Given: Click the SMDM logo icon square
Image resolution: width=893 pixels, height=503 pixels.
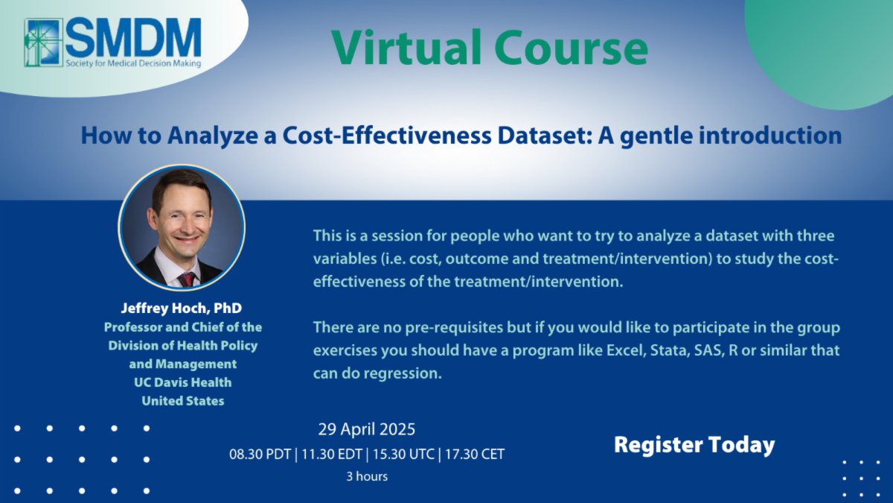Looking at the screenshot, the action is (x=43, y=42).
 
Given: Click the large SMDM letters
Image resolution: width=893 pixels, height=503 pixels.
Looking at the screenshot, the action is (x=133, y=37).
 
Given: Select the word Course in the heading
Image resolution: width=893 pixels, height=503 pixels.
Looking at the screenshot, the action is (x=572, y=48).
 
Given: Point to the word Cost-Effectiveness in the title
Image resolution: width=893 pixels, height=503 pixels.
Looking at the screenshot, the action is (x=387, y=136).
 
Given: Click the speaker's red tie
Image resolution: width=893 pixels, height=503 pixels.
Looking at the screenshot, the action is (x=187, y=279).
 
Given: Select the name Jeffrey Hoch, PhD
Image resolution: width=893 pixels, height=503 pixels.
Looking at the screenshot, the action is (x=182, y=309).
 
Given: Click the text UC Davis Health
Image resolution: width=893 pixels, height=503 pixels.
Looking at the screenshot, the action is (x=182, y=382).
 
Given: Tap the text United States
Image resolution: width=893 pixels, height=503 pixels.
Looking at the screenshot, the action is (x=183, y=401).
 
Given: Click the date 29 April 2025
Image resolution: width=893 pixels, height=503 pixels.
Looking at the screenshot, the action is (x=367, y=429).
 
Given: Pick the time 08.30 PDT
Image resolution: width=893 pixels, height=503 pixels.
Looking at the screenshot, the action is (x=260, y=455).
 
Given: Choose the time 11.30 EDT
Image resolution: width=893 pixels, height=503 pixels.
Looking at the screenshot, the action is (x=332, y=455).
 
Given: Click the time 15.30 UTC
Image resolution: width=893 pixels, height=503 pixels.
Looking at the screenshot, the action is (x=403, y=455).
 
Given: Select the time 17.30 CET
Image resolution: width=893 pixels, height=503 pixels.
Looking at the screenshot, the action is (x=475, y=455).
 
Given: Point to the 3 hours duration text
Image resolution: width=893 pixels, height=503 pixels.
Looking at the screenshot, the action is (x=367, y=476).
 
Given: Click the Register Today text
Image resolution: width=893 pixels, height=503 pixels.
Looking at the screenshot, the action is (x=694, y=445).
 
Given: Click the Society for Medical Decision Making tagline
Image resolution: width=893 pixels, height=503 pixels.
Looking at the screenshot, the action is (x=133, y=63).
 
